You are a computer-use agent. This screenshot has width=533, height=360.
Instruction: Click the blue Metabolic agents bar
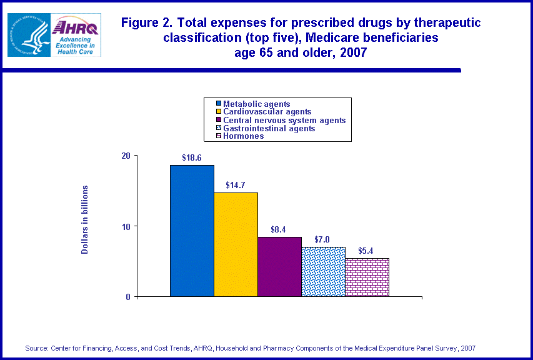192,231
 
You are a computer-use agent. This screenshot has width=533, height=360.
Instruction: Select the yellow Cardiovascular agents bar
236,244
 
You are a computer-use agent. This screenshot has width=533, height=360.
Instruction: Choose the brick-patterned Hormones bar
367,277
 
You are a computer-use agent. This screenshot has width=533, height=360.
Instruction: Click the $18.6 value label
192,158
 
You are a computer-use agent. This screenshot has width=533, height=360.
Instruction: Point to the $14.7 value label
236,186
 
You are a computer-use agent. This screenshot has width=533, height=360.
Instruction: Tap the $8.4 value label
279,230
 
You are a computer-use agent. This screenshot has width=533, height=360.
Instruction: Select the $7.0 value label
322,239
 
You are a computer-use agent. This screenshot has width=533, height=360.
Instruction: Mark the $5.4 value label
366,251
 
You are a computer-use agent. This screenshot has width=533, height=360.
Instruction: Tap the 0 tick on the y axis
127,297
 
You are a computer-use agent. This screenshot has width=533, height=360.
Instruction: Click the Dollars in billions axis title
85,219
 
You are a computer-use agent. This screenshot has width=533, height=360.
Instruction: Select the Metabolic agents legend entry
257,104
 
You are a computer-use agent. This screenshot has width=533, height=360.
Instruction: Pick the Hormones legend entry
244,136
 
